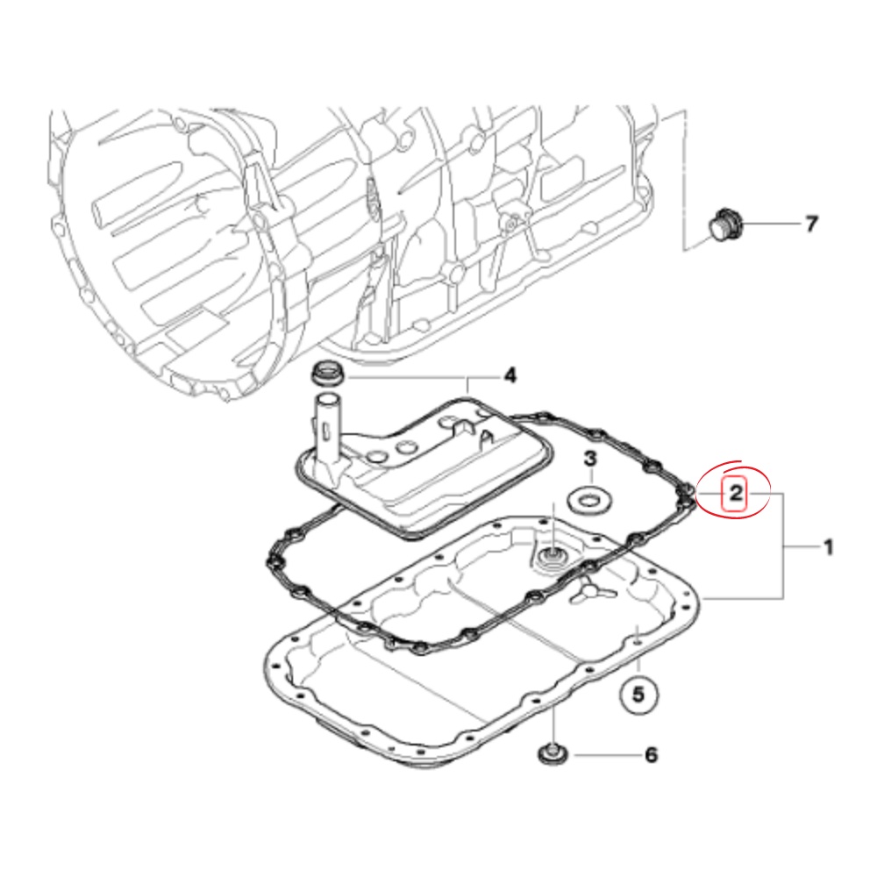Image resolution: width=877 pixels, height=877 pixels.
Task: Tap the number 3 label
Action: coord(590,459)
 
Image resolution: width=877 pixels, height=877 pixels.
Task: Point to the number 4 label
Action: coord(509,377)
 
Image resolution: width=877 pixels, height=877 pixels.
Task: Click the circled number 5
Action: coord(638,694)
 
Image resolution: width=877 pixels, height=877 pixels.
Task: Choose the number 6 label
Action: coord(650,754)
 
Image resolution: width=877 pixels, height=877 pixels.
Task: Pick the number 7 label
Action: coord(811,225)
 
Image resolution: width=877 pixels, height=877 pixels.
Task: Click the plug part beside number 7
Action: coord(724,225)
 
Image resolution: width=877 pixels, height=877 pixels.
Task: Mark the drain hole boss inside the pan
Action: coord(553,558)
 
